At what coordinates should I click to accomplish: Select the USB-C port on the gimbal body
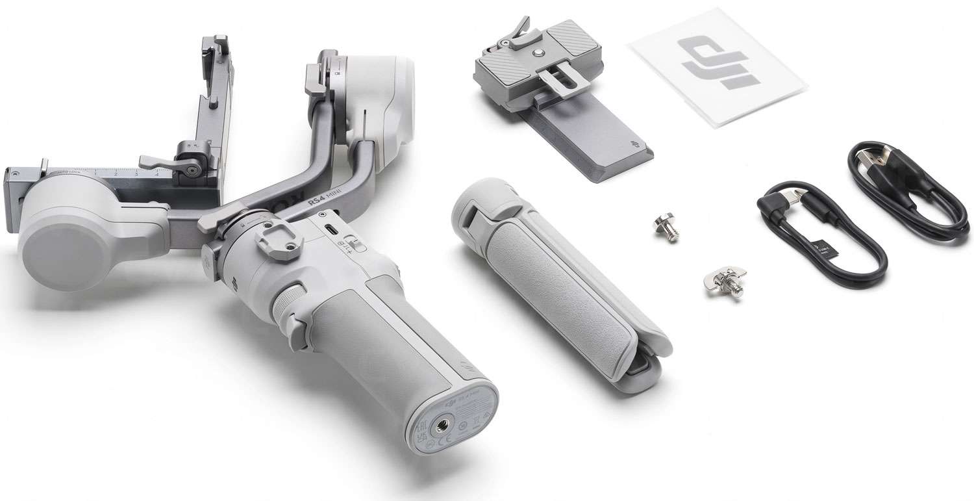(332, 231)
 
